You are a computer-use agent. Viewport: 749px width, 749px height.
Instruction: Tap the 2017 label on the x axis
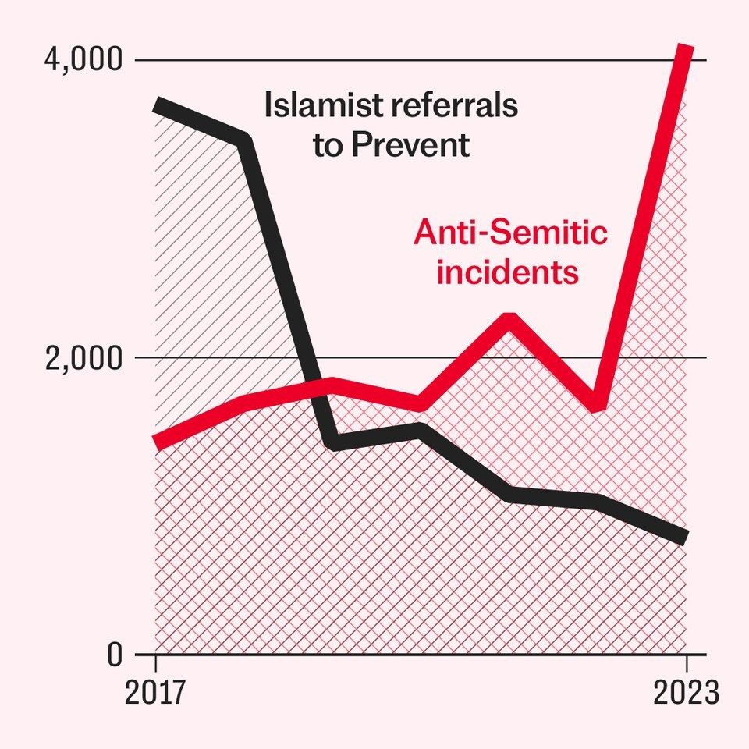155,693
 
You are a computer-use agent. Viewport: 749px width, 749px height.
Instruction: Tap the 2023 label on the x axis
685,693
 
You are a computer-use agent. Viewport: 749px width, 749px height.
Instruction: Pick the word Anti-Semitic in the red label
510,233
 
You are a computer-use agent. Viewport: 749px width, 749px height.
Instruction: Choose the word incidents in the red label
507,272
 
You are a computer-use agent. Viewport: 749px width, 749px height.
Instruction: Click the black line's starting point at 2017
157,105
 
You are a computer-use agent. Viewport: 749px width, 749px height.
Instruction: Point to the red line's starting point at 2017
157,443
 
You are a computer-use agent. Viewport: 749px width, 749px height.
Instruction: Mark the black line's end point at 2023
685,537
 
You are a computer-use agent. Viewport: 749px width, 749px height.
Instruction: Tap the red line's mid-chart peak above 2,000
509,318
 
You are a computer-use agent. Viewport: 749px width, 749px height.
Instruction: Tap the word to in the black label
328,146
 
